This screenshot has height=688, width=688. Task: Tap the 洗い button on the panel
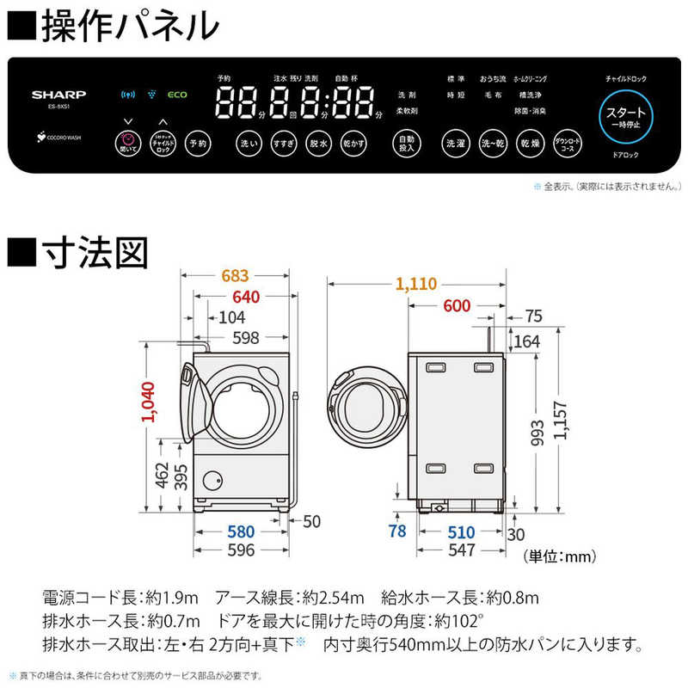click(x=248, y=144)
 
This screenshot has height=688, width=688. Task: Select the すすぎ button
click(x=283, y=144)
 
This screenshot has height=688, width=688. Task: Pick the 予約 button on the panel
click(x=197, y=144)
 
